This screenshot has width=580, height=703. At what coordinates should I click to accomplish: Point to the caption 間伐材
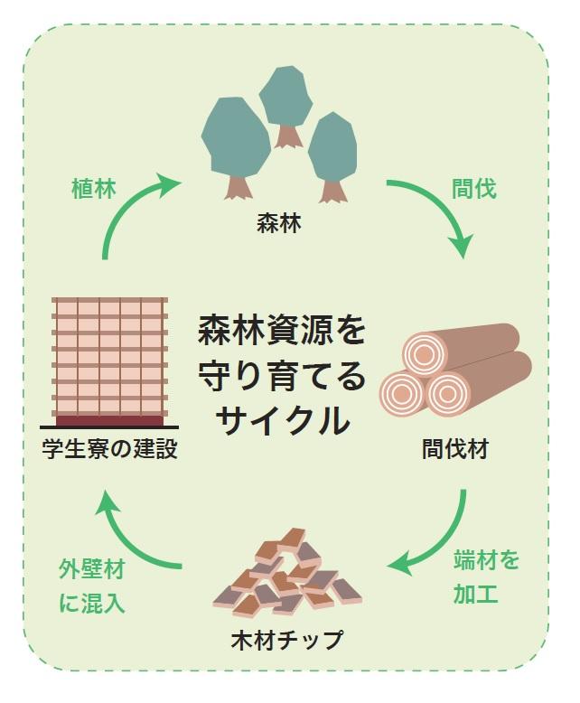tap(454, 448)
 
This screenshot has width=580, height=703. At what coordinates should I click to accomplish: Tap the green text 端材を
tap(485, 561)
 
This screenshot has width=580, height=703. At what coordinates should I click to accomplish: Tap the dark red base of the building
tap(111, 420)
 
